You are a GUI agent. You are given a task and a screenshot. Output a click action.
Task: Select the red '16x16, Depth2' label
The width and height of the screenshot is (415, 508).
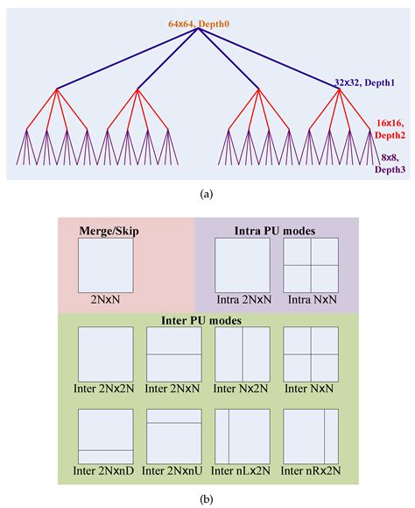pyautogui.click(x=390, y=130)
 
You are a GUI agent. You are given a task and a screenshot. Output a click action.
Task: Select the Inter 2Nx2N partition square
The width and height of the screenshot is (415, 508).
pyautogui.click(x=105, y=354)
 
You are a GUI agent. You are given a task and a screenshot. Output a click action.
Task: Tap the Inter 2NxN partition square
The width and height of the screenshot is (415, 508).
pyautogui.click(x=173, y=354)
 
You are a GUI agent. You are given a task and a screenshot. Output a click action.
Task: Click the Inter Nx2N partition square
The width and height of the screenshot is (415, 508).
pyautogui.click(x=242, y=354)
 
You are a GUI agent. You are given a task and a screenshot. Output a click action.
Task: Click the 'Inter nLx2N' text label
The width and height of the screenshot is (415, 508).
pyautogui.click(x=242, y=472)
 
